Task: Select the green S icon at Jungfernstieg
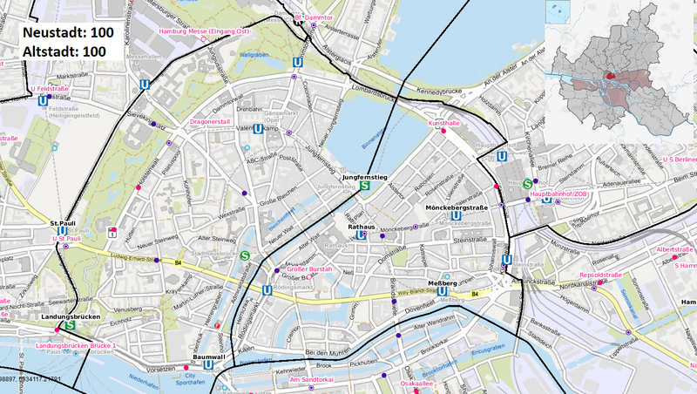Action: [x=366, y=185]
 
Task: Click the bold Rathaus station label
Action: [x=361, y=227]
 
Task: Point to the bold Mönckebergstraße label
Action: [x=455, y=208]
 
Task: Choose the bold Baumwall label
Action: [x=209, y=357]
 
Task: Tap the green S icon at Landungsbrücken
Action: [x=70, y=326]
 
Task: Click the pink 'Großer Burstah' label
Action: [x=308, y=269]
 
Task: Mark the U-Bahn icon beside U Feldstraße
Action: [x=43, y=100]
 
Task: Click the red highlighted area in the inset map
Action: [x=610, y=76]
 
